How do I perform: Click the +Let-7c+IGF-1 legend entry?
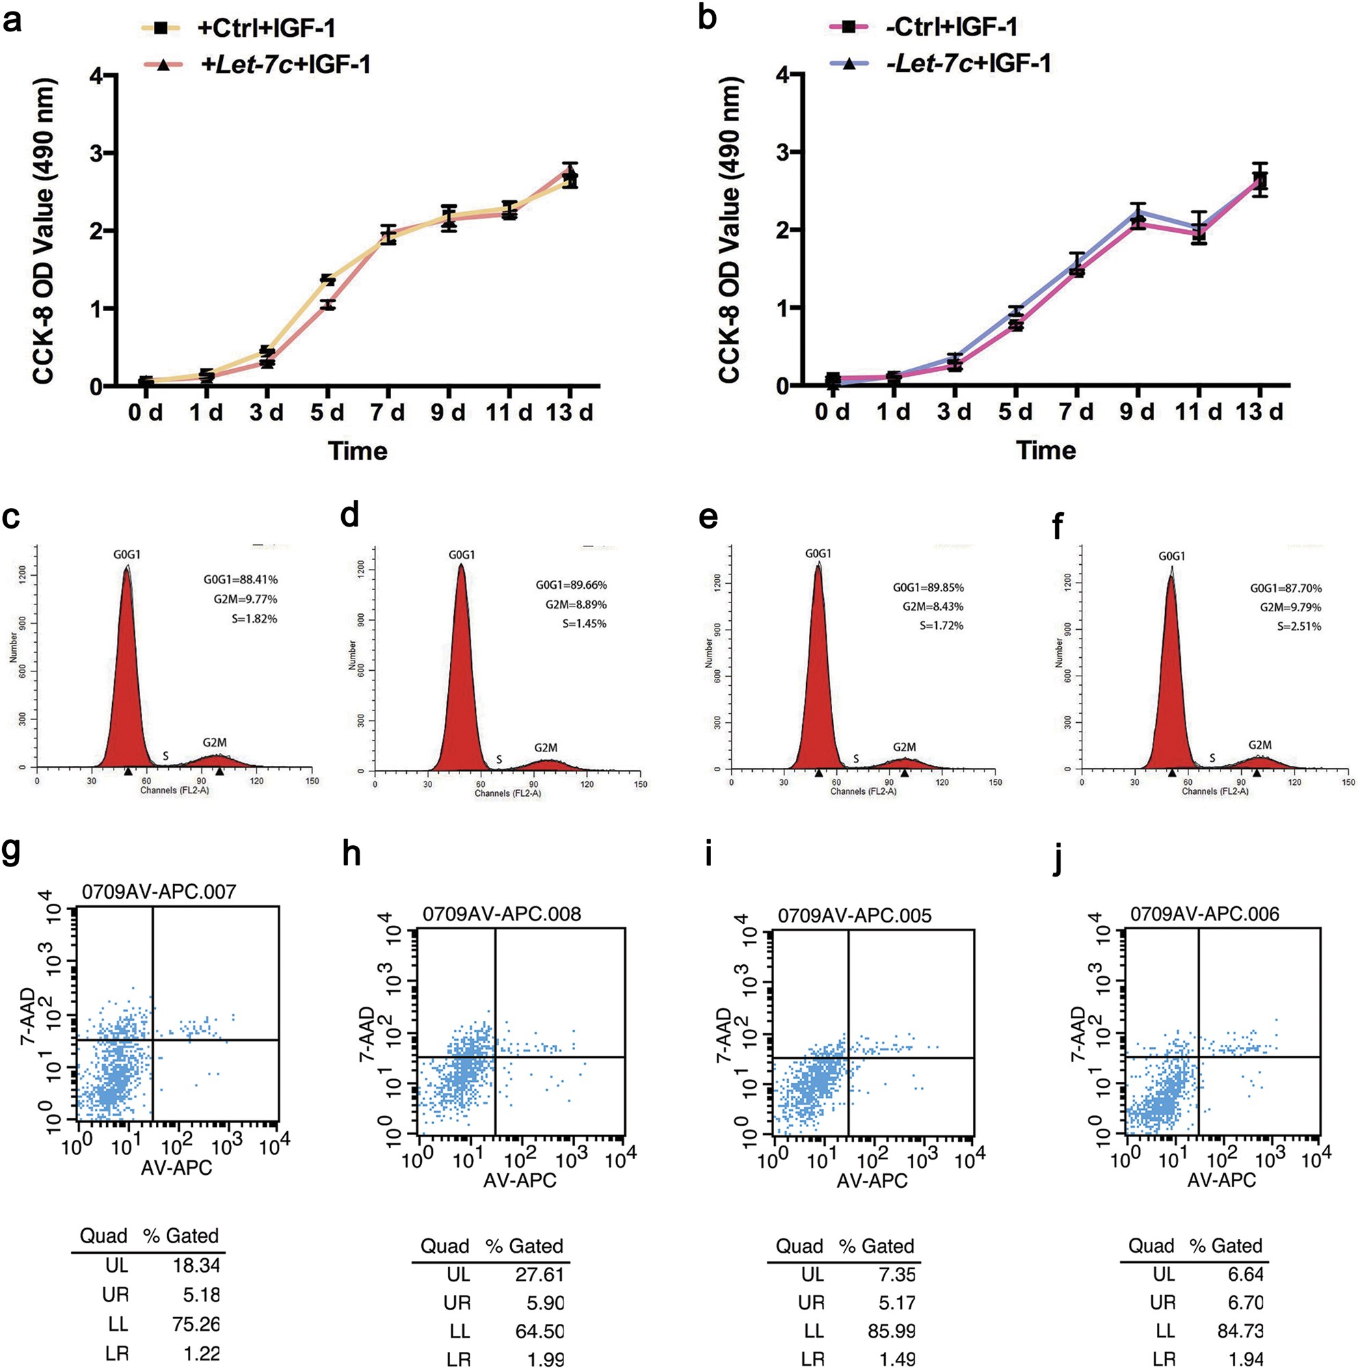286,64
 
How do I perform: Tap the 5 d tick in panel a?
327,412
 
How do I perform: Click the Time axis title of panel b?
1046,450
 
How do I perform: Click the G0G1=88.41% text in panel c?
240,581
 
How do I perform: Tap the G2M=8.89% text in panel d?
576,604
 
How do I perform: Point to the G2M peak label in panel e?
905,747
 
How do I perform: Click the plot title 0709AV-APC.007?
159,892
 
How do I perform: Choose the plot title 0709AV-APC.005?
855,916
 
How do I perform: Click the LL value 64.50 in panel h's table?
540,1331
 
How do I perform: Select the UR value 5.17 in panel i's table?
896,1303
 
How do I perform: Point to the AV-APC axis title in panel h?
520,1180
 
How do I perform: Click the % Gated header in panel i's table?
877,1246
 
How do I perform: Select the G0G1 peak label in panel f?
1171,556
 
